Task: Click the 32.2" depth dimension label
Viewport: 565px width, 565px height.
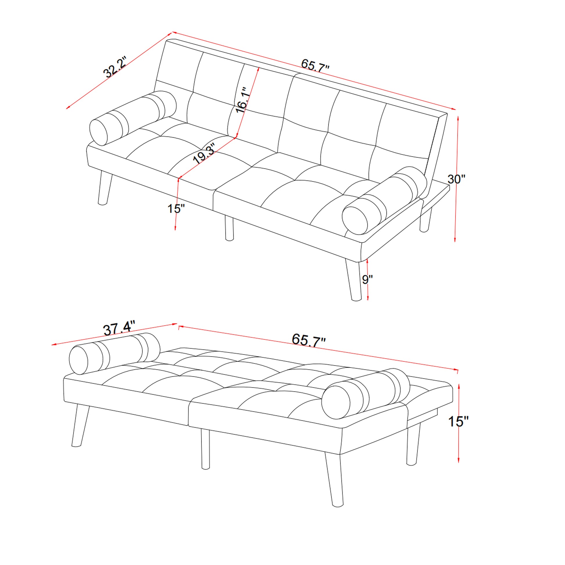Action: (x=115, y=67)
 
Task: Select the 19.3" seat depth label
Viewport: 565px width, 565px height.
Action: (x=204, y=153)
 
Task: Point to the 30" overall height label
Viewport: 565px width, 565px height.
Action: (x=456, y=179)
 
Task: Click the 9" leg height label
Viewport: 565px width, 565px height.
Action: (x=367, y=280)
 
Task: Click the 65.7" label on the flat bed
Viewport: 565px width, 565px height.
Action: (x=309, y=340)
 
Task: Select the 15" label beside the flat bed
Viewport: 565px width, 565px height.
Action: (x=458, y=421)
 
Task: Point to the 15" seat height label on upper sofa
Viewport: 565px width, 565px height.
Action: (x=176, y=209)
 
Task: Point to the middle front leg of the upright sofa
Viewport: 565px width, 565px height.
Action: (x=229, y=228)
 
